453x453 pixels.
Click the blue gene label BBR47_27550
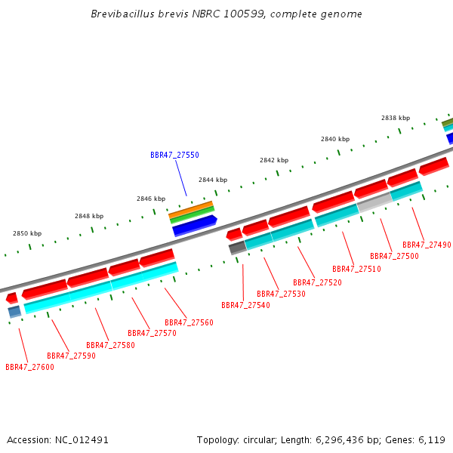[x=174, y=155]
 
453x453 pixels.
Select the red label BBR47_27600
[x=29, y=367]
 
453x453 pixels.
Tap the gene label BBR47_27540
[x=245, y=305]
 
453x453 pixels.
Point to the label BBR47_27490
[x=427, y=245]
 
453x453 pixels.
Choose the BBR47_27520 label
[x=317, y=282]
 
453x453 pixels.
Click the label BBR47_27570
[x=152, y=334]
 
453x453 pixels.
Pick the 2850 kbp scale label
[x=27, y=233]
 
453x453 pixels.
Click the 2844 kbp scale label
[x=213, y=180]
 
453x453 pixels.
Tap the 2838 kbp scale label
[x=396, y=118]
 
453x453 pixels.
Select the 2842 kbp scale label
[x=274, y=160]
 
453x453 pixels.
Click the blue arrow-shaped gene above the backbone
[x=195, y=226]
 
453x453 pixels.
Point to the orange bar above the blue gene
[x=191, y=209]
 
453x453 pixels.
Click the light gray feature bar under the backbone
[x=374, y=203]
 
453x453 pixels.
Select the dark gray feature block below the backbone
[x=238, y=248]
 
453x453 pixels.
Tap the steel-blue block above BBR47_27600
[x=14, y=312]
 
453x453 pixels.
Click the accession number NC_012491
[x=82, y=440]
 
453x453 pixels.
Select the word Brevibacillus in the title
[x=122, y=14]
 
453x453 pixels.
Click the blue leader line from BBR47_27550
[x=181, y=178]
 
